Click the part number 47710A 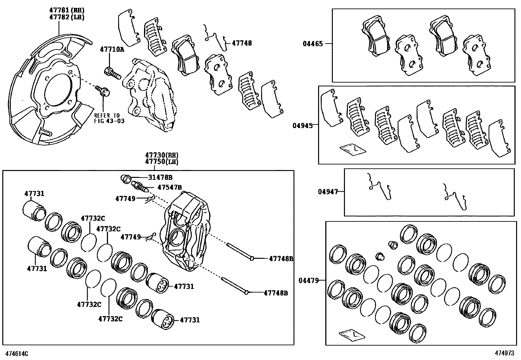(112, 49)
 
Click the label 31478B (160, 178)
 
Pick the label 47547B (170, 187)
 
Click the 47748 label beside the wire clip (242, 43)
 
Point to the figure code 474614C (16, 354)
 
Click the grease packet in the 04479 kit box (352, 335)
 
